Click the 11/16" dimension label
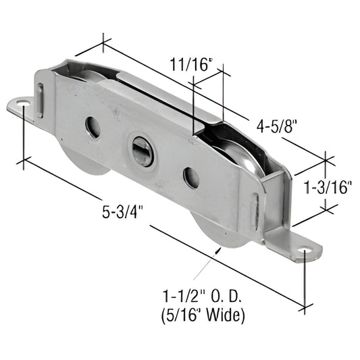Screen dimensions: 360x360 point(190,65)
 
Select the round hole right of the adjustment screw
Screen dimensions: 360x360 point(191,178)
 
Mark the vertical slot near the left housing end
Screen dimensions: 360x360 point(41,99)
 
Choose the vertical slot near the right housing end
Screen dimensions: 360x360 point(255,211)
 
